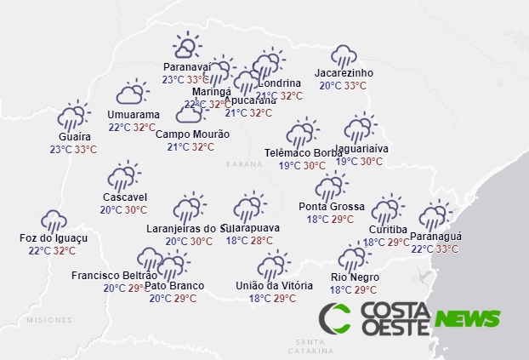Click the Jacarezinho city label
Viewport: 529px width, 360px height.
tap(344, 73)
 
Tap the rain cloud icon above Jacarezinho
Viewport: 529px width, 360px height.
tap(344, 56)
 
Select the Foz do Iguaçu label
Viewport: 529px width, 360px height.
tap(54, 238)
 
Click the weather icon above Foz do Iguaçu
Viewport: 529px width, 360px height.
tap(54, 220)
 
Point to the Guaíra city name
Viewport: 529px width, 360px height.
tap(74, 136)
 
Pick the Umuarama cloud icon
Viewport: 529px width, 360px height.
tap(133, 94)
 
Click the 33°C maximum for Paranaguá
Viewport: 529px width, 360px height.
tap(447, 249)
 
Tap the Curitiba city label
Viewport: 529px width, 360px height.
tap(389, 230)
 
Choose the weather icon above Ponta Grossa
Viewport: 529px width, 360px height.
tap(331, 186)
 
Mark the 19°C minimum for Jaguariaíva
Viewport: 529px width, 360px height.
tap(347, 162)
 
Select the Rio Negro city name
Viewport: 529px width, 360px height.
tap(355, 277)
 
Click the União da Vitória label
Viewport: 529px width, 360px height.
tap(274, 285)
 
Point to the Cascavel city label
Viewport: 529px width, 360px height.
tap(124, 197)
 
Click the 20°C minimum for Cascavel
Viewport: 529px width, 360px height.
tap(111, 210)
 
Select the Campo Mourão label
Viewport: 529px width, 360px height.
tap(192, 134)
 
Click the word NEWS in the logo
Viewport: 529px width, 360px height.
tap(467, 319)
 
